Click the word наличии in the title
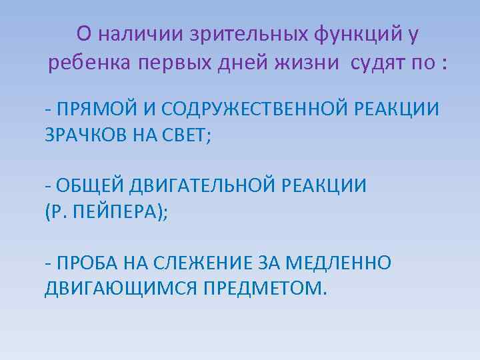pyautogui.click(x=131, y=33)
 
